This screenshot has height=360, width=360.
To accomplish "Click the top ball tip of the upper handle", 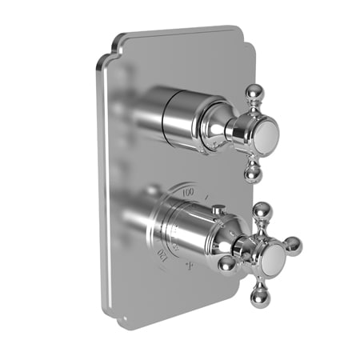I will [252, 90].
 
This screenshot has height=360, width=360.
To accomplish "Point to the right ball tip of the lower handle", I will [294, 244].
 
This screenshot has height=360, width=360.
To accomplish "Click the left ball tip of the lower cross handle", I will [227, 263].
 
